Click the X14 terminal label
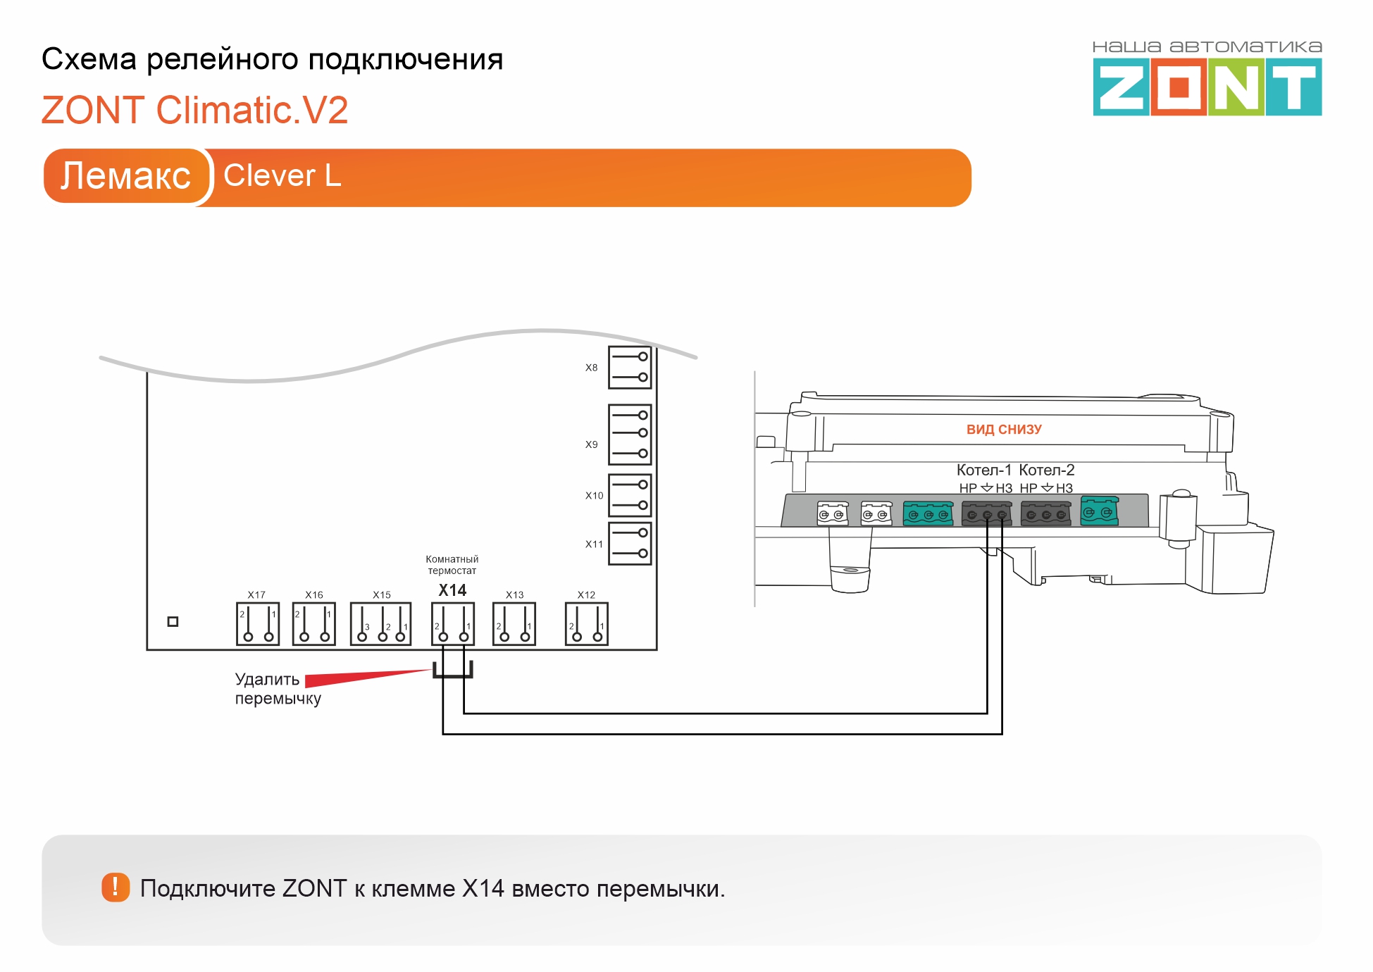tap(452, 590)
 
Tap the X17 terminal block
tap(258, 624)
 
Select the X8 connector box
tap(630, 367)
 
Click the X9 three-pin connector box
tap(630, 435)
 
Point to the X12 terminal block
tap(587, 624)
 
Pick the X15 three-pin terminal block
tap(381, 624)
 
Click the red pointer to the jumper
tap(368, 678)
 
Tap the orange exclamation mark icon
tap(116, 887)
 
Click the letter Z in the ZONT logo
tap(1122, 87)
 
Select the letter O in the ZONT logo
tap(1179, 87)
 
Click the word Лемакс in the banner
tap(126, 175)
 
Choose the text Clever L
tap(282, 175)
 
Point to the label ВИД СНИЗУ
tap(1004, 430)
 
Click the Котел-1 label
tap(984, 470)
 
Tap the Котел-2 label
tap(1047, 470)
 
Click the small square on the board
tap(173, 621)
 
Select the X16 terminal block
tap(314, 624)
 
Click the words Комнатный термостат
tap(452, 565)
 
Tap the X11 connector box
tap(630, 543)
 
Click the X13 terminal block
tap(514, 624)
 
